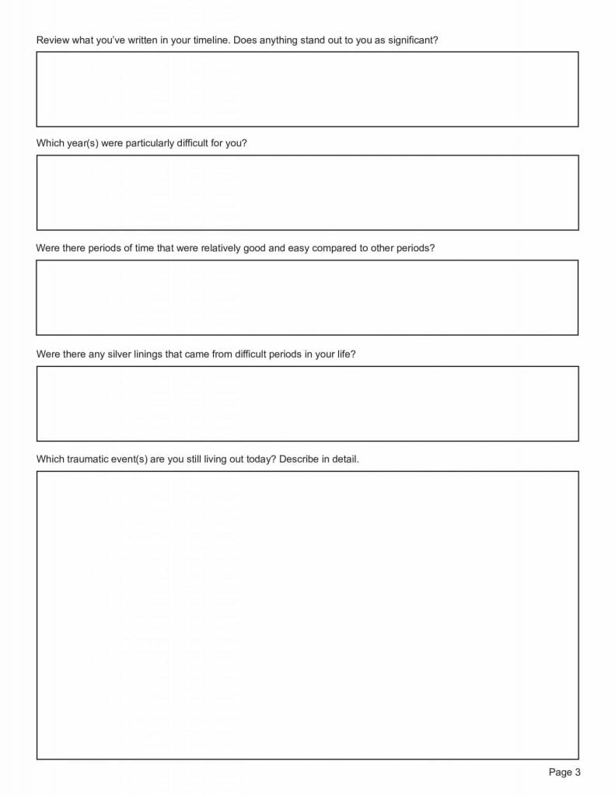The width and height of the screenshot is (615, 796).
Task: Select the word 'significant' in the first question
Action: coord(411,40)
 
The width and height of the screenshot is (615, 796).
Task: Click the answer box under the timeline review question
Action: coord(307,89)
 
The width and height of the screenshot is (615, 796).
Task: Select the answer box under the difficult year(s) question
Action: coord(307,193)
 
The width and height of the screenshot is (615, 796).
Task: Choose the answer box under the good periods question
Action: coord(307,298)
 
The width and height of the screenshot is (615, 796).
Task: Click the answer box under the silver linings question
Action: coord(307,403)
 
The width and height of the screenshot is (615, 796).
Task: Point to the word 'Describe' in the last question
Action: coord(299,459)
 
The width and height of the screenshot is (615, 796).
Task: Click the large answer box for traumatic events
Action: coord(307,615)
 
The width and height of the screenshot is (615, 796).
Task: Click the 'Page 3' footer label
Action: coord(564,772)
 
